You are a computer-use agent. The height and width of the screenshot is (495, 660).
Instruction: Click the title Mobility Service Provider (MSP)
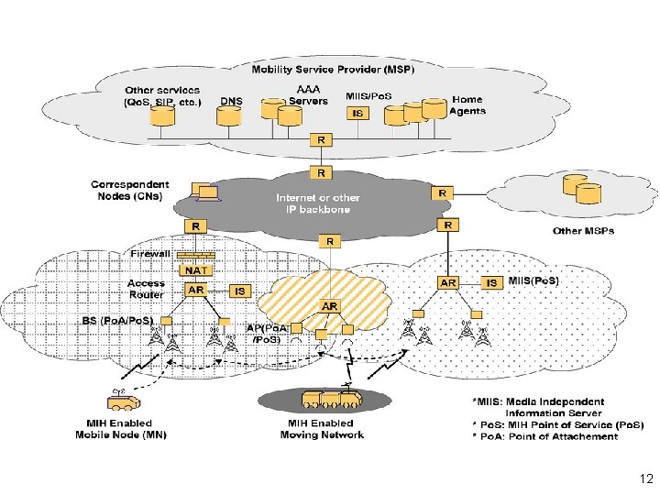coord(334,69)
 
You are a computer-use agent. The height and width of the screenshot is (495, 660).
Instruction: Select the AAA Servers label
coord(308,94)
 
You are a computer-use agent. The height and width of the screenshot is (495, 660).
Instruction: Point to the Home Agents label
coord(467,105)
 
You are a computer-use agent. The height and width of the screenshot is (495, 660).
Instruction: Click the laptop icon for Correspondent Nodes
coord(205,192)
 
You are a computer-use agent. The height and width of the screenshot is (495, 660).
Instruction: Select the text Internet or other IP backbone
coord(317,203)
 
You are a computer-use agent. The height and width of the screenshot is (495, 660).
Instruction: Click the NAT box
coord(195,271)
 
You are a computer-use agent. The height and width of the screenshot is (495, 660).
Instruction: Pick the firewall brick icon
coord(196,255)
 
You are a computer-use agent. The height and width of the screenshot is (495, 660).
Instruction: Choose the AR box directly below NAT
coord(195,290)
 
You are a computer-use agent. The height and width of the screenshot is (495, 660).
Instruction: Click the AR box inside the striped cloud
coord(330,305)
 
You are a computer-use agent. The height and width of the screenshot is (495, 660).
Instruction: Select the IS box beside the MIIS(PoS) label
coord(492,283)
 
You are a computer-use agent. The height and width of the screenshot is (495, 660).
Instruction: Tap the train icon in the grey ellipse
coord(330,400)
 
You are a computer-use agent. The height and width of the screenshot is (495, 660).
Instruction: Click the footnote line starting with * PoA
coord(544,436)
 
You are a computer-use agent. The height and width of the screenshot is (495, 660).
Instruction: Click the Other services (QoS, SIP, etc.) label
coord(162,96)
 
